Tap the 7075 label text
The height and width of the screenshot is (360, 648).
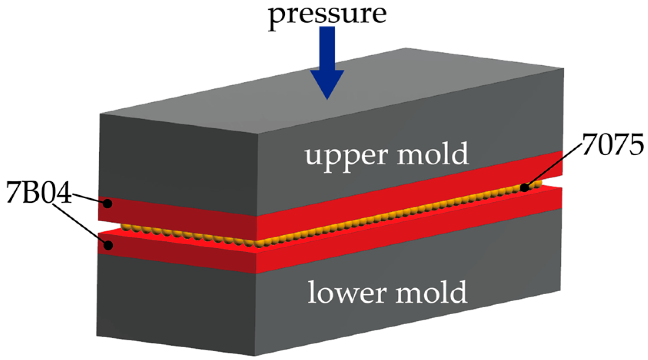[x=613, y=145]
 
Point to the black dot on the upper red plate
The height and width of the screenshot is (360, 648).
[x=108, y=204]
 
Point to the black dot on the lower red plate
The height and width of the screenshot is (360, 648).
[x=108, y=245]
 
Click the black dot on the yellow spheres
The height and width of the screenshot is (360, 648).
[x=524, y=188]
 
